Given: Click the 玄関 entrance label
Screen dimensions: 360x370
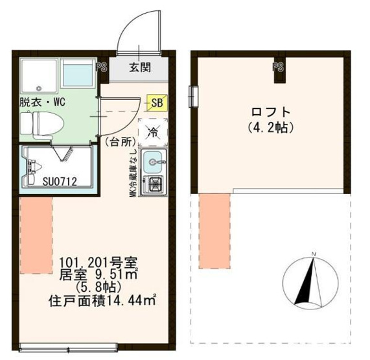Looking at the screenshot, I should coord(140,67).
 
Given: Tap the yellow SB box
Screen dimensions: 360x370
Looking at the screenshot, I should coord(156,102).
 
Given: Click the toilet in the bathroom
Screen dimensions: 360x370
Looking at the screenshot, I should coord(41,121).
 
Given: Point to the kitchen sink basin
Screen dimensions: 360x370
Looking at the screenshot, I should coord(154,160).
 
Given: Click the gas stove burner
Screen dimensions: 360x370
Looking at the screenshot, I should coord(156,184).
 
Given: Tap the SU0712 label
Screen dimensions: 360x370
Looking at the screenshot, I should coord(60,182).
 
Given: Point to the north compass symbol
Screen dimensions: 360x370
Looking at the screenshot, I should coord(312,280).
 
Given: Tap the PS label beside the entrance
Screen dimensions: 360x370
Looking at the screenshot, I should coord(101,66).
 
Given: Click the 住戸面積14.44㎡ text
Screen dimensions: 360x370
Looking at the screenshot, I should coord(103,301).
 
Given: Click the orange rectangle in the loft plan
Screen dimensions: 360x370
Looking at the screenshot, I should coord(214,231).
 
